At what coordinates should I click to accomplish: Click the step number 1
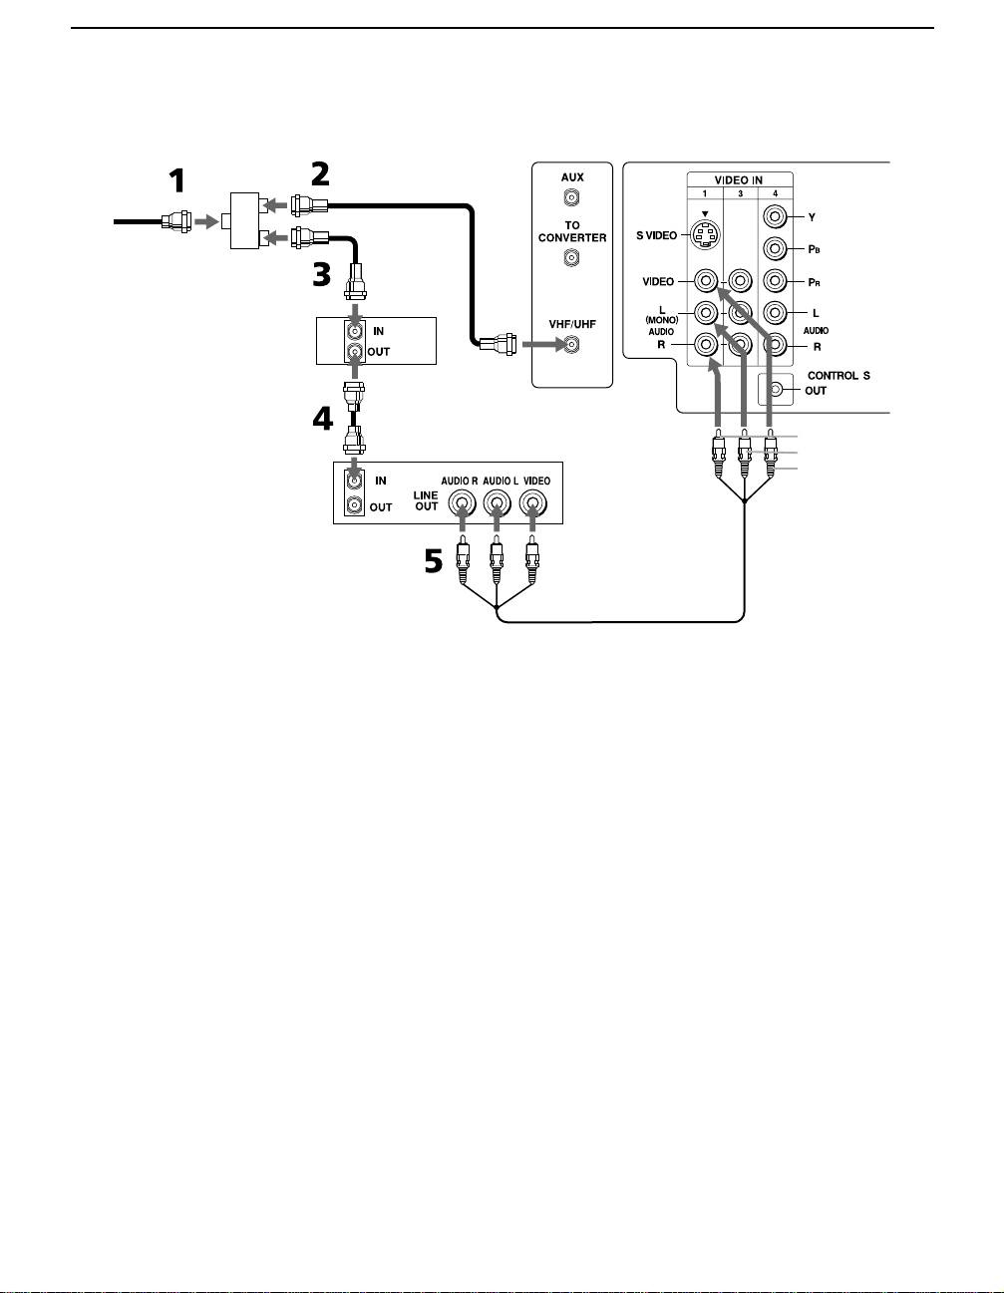[x=177, y=180]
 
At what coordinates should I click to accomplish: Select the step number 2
[x=320, y=174]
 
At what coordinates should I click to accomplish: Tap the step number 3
[x=322, y=275]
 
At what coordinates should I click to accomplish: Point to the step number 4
[x=323, y=419]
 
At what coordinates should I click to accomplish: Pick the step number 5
[x=434, y=560]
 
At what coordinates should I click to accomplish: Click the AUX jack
[x=571, y=197]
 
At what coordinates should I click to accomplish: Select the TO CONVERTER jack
[x=571, y=257]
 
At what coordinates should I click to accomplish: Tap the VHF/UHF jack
[x=571, y=344]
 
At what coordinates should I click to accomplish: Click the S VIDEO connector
[x=706, y=234]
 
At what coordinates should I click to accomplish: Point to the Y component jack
[x=775, y=216]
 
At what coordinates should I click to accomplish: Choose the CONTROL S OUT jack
[x=777, y=390]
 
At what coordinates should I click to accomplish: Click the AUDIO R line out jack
[x=463, y=504]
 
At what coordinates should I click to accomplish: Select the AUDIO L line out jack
[x=497, y=504]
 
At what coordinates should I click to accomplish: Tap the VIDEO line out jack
[x=533, y=504]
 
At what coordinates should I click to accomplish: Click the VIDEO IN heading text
[x=738, y=179]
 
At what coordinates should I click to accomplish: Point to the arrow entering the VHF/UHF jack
[x=543, y=344]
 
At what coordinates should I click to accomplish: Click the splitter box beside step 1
[x=244, y=220]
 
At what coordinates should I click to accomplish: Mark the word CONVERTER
[x=572, y=237]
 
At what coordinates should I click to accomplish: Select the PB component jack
[x=775, y=248]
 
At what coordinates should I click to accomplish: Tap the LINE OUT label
[x=426, y=500]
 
